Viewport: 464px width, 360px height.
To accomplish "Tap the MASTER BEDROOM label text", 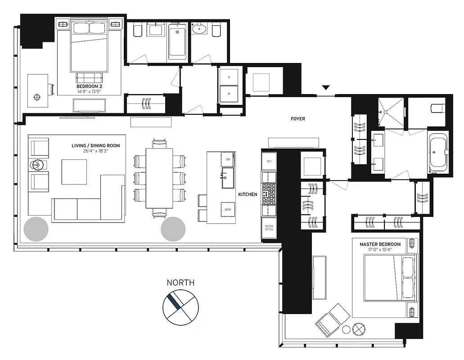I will [x=380, y=244].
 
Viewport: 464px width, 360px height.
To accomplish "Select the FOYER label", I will [x=297, y=119].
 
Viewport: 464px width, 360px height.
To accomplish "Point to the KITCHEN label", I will [x=248, y=194].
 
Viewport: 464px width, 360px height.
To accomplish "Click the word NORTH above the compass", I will [x=180, y=283].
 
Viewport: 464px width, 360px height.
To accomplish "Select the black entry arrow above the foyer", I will [x=326, y=87].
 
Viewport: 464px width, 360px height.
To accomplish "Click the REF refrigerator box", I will [x=269, y=161].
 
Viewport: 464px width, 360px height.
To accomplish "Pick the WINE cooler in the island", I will [x=227, y=209].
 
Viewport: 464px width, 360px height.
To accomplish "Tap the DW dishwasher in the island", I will [x=227, y=159].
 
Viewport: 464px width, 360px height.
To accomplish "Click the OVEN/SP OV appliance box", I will [x=269, y=228].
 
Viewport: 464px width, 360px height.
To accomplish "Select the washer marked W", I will [x=229, y=94].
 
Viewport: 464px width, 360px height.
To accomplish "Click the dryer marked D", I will [x=229, y=77].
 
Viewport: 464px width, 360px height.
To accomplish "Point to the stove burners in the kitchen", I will [x=269, y=193].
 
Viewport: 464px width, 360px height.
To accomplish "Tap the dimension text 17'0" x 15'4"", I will [x=380, y=250].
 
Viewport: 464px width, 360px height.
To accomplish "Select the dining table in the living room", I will [x=159, y=178].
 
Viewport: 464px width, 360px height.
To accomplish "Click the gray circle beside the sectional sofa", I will [x=36, y=229].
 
